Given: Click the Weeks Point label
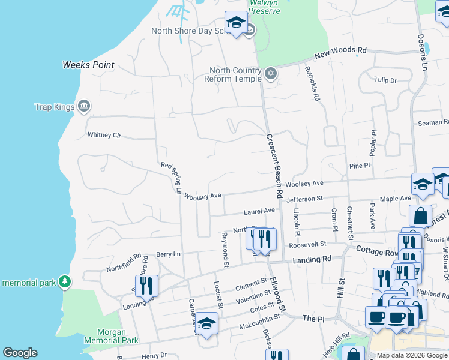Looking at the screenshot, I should (88, 65).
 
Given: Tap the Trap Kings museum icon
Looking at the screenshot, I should (84, 107).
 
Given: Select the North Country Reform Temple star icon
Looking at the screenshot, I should (271, 74).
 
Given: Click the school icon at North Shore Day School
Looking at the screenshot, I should (236, 23).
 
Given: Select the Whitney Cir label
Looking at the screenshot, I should (104, 135).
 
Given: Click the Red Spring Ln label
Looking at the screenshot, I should (171, 178).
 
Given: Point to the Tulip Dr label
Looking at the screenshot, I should (385, 80).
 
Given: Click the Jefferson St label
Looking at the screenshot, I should (304, 199).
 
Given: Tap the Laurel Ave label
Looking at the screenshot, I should (259, 211).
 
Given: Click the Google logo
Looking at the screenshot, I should (20, 353).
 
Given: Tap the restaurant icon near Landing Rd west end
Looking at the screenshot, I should (146, 286).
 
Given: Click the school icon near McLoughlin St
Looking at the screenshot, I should (206, 323).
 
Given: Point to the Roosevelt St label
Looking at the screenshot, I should (307, 244).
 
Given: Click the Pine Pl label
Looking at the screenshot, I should (358, 165).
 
